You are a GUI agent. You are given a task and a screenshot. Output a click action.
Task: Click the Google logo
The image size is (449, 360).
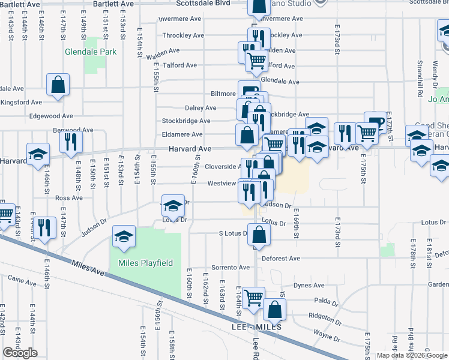point(20,353)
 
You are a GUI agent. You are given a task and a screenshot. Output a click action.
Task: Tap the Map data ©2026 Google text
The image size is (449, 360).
point(412,355)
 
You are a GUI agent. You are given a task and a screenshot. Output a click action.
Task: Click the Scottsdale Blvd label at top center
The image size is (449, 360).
point(203,3)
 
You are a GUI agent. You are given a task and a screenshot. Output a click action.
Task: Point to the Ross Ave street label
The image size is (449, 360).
point(68,198)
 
